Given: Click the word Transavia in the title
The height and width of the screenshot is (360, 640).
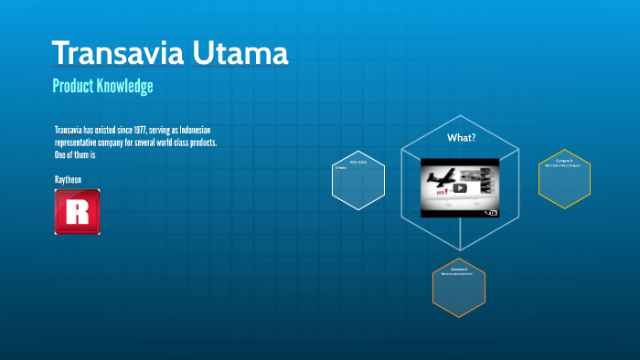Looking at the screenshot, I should click(118, 53).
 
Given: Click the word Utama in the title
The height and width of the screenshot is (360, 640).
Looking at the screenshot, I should click(241, 53).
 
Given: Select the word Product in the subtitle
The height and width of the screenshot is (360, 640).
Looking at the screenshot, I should click(75, 87).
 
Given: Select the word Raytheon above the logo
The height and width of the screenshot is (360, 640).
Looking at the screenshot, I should click(68, 180).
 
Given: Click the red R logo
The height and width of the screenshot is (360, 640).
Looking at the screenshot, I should click(77, 212).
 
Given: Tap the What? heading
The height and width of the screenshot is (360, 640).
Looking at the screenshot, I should click(461, 138).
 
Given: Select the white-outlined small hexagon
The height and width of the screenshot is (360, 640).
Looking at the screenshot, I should click(358, 180).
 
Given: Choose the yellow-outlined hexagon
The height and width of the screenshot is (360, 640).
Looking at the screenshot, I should click(564, 179).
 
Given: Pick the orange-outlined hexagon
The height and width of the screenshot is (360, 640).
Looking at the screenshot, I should click(459, 287).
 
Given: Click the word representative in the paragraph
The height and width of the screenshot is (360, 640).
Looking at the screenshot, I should click(82, 143).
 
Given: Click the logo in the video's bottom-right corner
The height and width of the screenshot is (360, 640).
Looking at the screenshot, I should click(490, 212).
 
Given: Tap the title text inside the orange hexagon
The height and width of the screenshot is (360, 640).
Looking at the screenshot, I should click(459, 270).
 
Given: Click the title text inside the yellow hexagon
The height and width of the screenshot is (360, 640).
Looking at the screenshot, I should click(564, 160).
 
